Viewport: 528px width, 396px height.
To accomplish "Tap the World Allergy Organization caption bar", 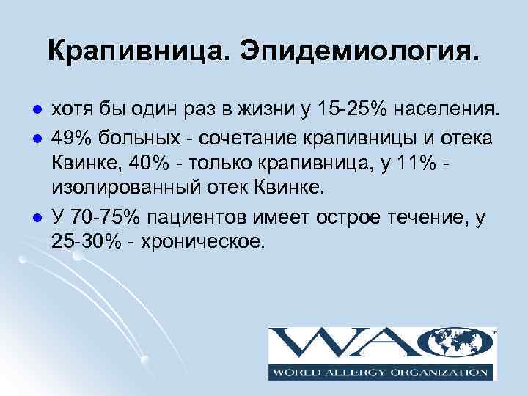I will click(382, 373).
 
